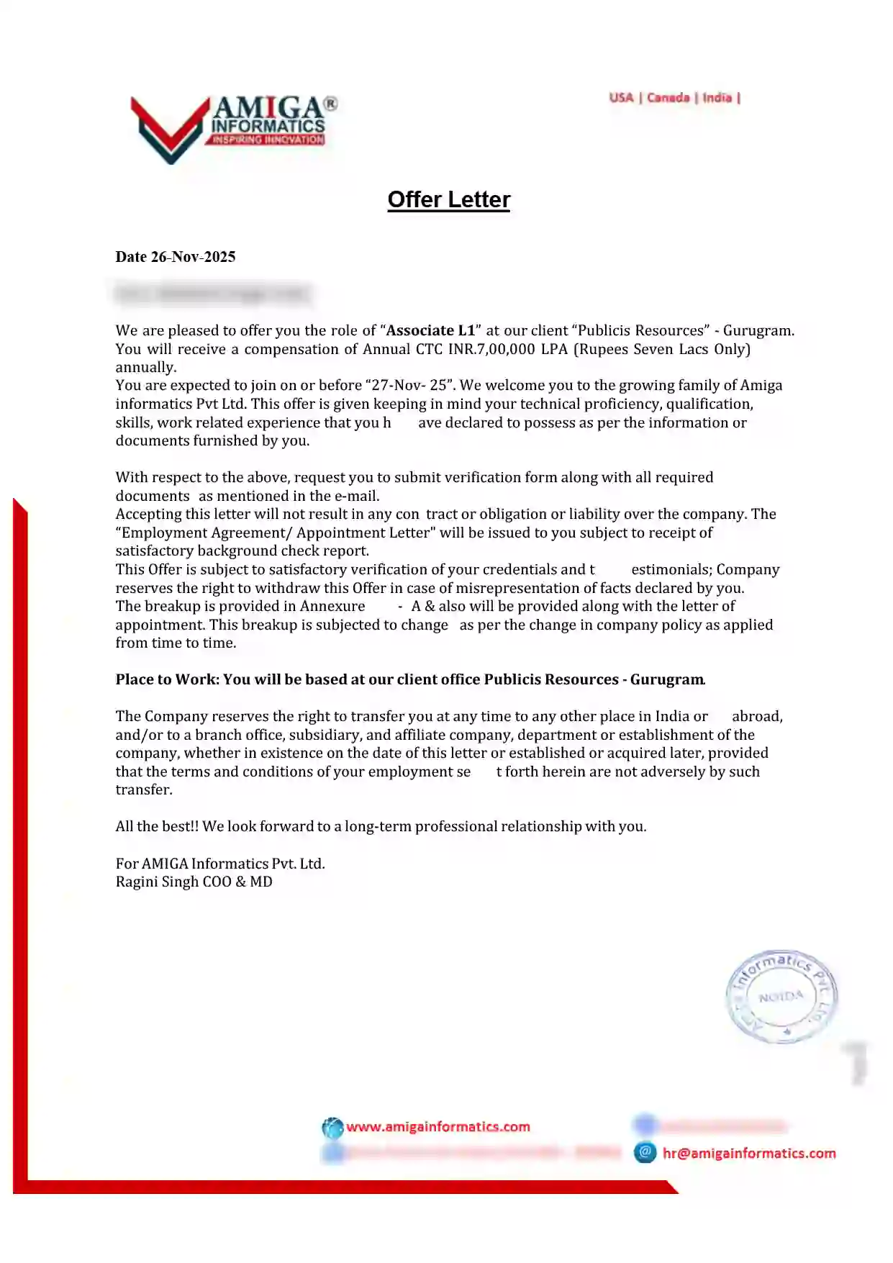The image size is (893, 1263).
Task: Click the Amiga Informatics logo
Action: click(x=232, y=128)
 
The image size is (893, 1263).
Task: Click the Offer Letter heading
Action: click(x=448, y=199)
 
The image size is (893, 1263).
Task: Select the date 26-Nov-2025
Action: click(x=193, y=257)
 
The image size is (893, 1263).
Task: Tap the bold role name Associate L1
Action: click(x=431, y=330)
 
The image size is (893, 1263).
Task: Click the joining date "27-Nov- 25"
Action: click(x=409, y=385)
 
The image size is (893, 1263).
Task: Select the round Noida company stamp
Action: click(x=781, y=996)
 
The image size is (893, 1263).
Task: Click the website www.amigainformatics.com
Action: click(x=438, y=1126)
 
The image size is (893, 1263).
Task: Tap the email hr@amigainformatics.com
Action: click(x=749, y=1153)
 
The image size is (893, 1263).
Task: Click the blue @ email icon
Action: click(x=645, y=1152)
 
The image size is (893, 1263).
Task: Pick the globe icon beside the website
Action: click(x=332, y=1127)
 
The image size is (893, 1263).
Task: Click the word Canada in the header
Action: click(x=668, y=97)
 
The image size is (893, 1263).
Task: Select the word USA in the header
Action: click(x=621, y=97)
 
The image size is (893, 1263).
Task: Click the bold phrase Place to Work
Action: click(x=166, y=679)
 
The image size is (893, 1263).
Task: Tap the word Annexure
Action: click(x=332, y=606)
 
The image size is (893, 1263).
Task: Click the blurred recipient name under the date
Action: click(x=212, y=294)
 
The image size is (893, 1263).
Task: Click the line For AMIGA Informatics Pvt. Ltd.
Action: click(x=220, y=864)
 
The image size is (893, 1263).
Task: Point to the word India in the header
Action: click(x=717, y=97)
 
